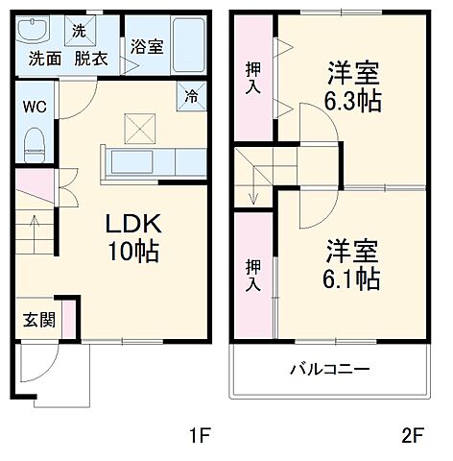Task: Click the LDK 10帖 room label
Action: pos(132,238)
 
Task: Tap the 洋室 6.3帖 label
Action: pos(351,85)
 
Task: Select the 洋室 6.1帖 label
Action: pos(351,264)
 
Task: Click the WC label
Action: pos(32,107)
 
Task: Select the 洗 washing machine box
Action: pos(79,30)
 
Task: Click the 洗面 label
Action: pos(44,57)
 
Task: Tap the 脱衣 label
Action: pos(92,57)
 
